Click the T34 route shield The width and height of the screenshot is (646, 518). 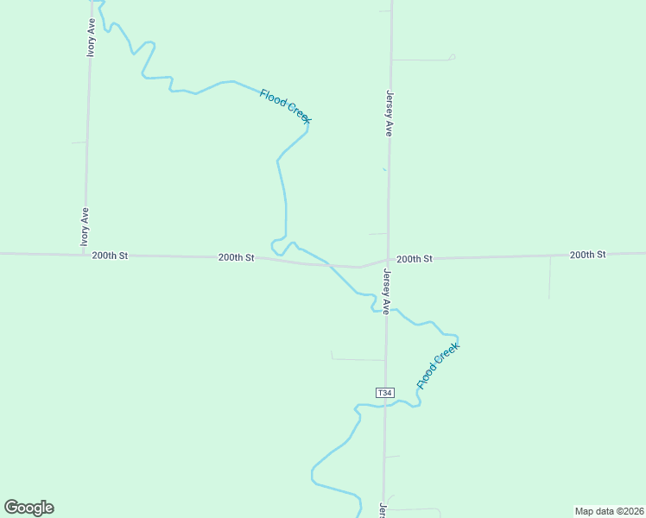pos(385,393)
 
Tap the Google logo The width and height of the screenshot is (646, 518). pos(28,508)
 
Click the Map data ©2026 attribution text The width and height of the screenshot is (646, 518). pos(609,510)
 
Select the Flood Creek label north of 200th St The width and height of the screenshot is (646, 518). pos(285,106)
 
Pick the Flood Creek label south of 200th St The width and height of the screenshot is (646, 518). pos(439,365)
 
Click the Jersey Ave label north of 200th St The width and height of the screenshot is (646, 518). pos(389,113)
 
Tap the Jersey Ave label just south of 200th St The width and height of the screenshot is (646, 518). pos(387,292)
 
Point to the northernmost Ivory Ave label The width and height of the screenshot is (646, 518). pos(91,37)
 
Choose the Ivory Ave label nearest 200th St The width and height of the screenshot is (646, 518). pos(85,227)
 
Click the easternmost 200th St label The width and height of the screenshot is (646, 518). pos(587,255)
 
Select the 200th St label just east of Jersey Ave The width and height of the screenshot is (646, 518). pos(415,258)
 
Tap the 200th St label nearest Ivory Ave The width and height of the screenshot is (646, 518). pos(110,256)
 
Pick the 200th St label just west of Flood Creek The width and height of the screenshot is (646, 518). pos(236,257)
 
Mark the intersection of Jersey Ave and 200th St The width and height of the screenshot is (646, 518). pos(387,259)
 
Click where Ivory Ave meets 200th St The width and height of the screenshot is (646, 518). pos(85,255)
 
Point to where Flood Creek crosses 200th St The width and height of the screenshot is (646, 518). pos(329,264)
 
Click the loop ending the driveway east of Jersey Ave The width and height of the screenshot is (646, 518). pos(452,58)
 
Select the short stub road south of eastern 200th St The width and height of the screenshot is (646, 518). pos(549,276)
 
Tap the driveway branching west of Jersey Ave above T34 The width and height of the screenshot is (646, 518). pos(358,359)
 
